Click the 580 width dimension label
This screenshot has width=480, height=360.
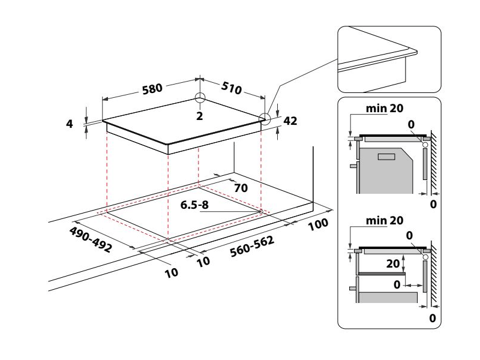pyautogui.click(x=152, y=89)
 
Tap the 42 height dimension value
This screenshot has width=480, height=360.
pyautogui.click(x=290, y=121)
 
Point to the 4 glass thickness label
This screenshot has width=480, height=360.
pyautogui.click(x=70, y=124)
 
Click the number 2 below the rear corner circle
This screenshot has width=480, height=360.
pyautogui.click(x=199, y=115)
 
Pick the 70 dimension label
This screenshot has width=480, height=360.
pyautogui.click(x=241, y=188)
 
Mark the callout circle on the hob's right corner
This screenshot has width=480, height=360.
pyautogui.click(x=265, y=118)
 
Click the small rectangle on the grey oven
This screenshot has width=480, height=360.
pyautogui.click(x=386, y=157)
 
